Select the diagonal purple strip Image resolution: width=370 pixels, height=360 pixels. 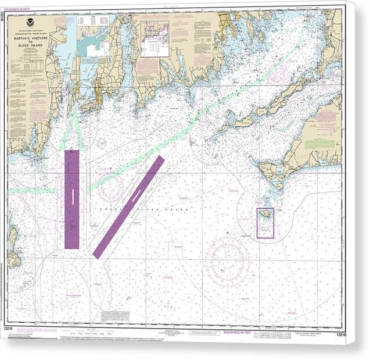click(x=128, y=207)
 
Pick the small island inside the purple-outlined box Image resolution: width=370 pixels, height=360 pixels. click(x=265, y=215)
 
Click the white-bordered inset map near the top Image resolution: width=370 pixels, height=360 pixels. click(x=155, y=38)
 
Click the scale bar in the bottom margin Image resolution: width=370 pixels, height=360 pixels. click(x=174, y=332)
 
